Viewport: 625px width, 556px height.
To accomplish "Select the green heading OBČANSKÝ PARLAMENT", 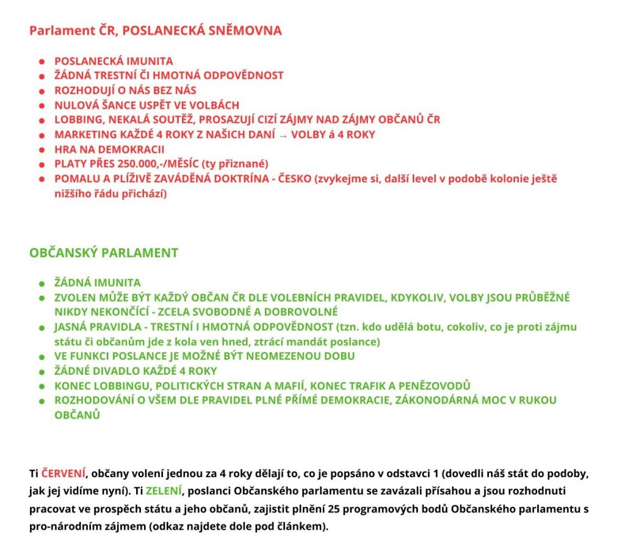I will tap(104, 253).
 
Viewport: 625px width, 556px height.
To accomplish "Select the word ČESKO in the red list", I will tap(289, 179).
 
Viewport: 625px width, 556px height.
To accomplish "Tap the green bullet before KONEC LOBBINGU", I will tap(42, 386).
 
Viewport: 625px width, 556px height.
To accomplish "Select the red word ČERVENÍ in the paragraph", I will tap(63, 474).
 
